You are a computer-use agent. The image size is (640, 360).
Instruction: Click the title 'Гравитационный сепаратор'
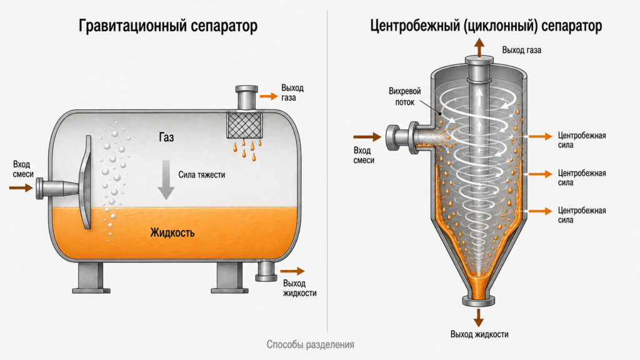(x=167, y=26)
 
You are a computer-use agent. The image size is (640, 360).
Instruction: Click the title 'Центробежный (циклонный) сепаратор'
(x=486, y=26)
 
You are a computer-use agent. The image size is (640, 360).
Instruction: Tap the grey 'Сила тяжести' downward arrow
(x=166, y=179)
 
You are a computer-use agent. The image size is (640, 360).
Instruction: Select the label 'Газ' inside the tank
(x=166, y=137)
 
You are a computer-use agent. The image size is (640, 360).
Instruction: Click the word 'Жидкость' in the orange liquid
(x=172, y=232)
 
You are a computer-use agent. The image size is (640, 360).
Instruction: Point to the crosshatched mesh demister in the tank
(x=244, y=125)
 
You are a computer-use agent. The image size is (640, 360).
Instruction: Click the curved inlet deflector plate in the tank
(x=86, y=182)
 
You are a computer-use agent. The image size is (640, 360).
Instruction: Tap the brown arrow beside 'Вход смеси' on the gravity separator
(x=21, y=187)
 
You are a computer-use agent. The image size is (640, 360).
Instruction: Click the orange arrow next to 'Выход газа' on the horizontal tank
(x=269, y=96)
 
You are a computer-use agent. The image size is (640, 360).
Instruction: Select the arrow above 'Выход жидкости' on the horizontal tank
(x=292, y=271)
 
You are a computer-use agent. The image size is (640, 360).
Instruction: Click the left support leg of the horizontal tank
(x=91, y=277)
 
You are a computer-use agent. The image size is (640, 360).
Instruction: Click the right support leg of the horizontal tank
(x=229, y=277)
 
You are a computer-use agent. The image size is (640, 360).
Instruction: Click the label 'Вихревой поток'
(x=404, y=97)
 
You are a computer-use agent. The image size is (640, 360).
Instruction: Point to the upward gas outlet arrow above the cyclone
(x=479, y=47)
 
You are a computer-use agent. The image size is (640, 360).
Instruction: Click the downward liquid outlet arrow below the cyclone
(x=478, y=317)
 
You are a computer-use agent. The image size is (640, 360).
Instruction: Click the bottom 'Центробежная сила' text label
(x=582, y=215)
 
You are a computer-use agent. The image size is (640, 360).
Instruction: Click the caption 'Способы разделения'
(x=310, y=344)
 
